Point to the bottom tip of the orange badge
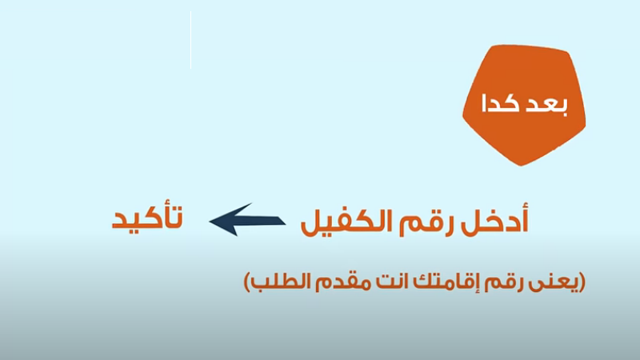(x=522, y=166)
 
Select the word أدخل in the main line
(x=494, y=219)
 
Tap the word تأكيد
(x=147, y=217)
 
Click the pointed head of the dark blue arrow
(x=210, y=222)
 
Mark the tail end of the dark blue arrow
(x=284, y=221)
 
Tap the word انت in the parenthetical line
(x=392, y=282)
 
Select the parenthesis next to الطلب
(x=247, y=282)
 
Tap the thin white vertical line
(x=190, y=40)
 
